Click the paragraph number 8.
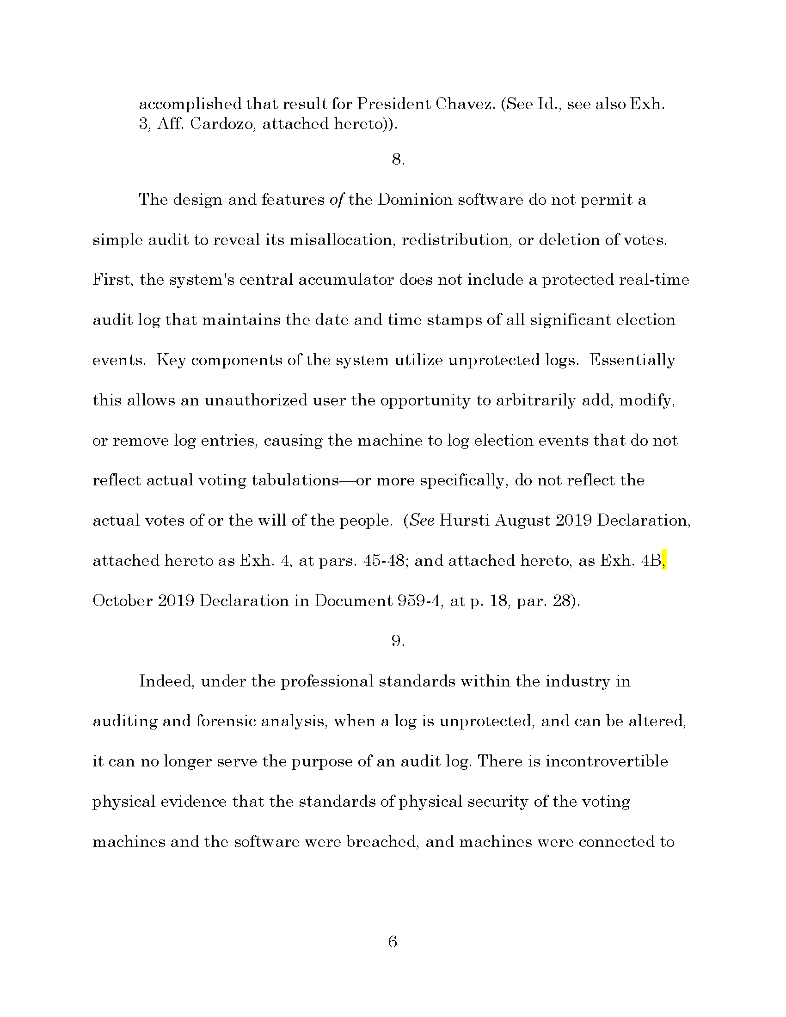[x=398, y=159]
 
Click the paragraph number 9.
[x=398, y=641]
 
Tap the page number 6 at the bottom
[x=393, y=942]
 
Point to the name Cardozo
[x=222, y=124]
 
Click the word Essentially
[x=632, y=360]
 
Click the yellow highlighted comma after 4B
[x=664, y=561]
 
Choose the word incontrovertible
[x=606, y=761]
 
